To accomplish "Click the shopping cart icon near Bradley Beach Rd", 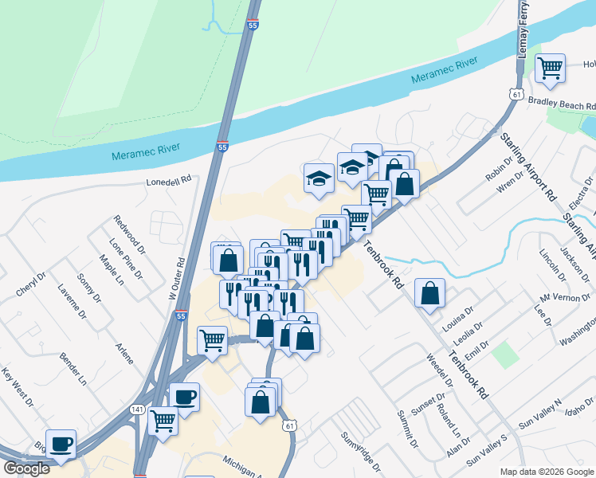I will (x=550, y=68).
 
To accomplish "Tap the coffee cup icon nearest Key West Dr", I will (x=61, y=444).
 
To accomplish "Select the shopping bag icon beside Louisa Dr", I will (x=429, y=293).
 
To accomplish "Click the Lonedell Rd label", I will (x=170, y=181).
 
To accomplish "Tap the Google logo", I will (x=26, y=468).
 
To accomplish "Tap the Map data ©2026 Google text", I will (x=546, y=472).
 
